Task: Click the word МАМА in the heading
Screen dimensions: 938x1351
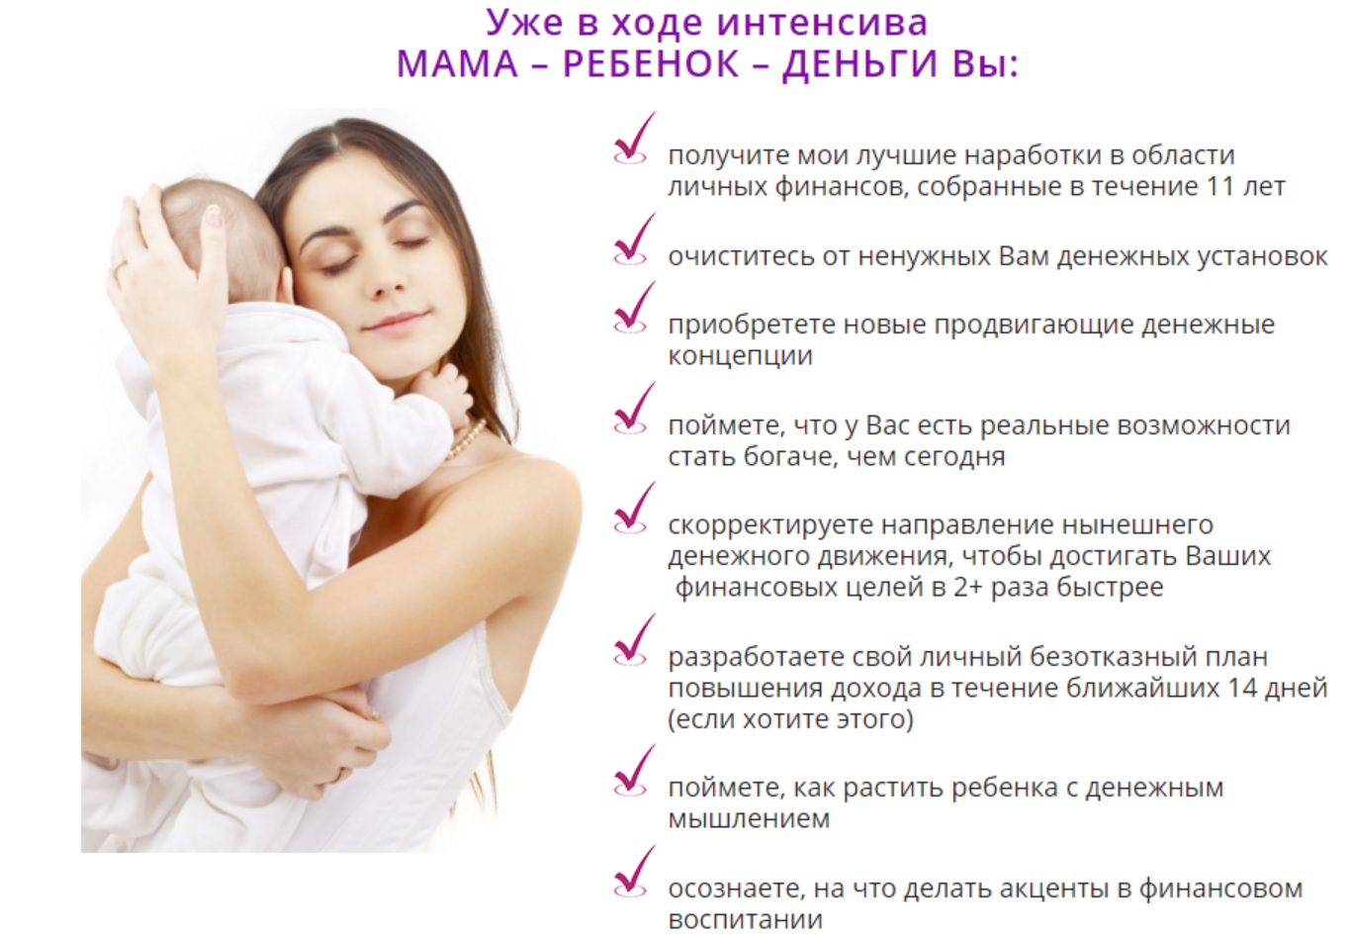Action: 457,64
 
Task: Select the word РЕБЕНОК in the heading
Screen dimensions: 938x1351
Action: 651,64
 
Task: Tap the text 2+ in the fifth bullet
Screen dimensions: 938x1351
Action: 968,587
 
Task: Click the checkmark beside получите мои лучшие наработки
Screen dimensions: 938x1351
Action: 633,141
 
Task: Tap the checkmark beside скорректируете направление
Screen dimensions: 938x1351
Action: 633,510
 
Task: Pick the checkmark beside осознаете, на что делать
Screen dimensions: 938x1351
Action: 633,873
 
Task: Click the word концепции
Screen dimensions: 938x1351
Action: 740,356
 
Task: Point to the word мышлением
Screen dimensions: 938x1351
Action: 749,819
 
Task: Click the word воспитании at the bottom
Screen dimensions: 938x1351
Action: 745,919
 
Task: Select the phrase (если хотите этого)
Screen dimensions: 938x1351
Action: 790,719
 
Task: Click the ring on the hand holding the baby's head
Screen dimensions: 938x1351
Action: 120,268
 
